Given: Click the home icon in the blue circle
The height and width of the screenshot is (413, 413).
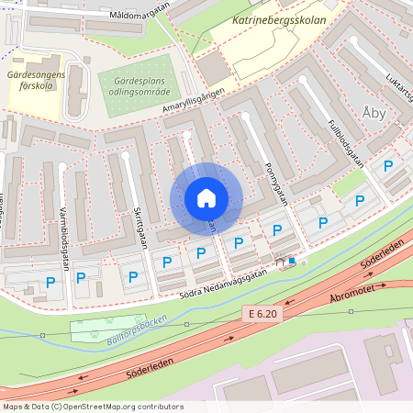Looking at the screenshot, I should [206, 198].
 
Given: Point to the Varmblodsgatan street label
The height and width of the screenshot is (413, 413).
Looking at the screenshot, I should [66, 242].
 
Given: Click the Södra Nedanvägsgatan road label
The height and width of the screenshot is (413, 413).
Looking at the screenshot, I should [214, 281].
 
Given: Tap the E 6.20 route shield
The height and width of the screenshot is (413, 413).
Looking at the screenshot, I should [262, 313].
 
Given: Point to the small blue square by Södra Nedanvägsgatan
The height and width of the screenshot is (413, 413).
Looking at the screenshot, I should [292, 261].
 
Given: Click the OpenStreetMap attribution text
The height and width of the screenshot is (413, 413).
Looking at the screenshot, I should [92, 406].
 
